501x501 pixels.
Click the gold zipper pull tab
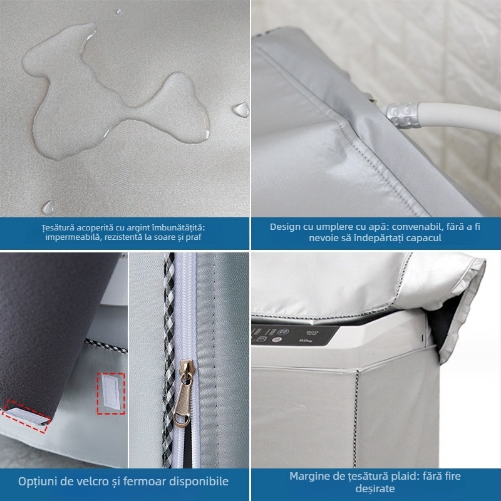point(185,392)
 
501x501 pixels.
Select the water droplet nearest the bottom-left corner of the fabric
point(48,206)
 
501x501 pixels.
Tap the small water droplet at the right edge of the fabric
point(240,108)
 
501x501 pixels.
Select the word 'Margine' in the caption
point(310,476)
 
